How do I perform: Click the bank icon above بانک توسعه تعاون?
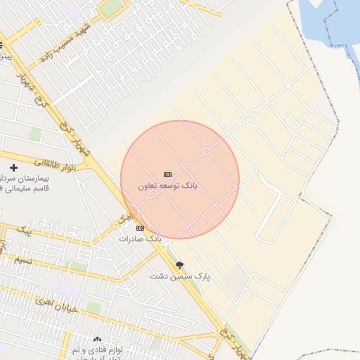click(167, 174)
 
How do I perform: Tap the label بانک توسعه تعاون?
click(168, 186)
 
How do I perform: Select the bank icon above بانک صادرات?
click(140, 228)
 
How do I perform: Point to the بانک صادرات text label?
click(140, 239)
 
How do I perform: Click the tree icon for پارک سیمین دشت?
click(179, 265)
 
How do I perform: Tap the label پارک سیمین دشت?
click(179, 276)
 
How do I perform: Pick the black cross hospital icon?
click(13, 167)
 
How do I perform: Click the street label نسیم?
click(21, 260)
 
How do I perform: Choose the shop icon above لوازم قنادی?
click(97, 340)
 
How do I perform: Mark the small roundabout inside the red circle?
click(207, 151)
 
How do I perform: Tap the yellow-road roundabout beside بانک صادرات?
click(116, 225)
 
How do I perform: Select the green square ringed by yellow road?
click(112, 8)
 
